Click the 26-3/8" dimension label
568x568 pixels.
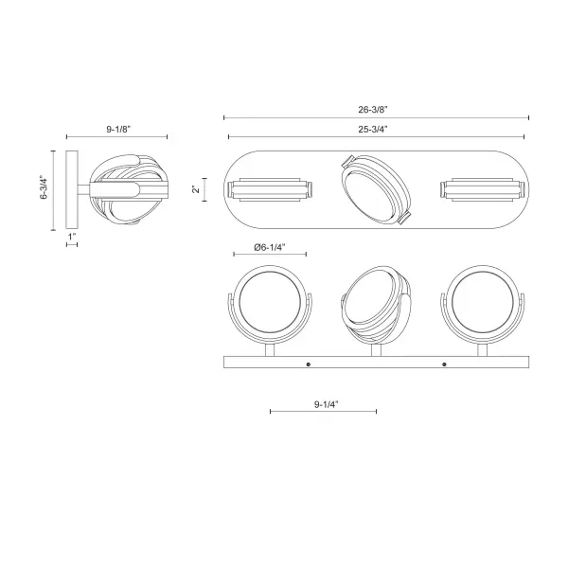tap(373, 110)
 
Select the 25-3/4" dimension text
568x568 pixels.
tap(373, 129)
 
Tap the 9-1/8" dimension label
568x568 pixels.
tap(118, 129)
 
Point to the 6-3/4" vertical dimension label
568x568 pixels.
tap(44, 187)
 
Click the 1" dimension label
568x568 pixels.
tap(72, 237)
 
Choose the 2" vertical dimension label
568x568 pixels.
tap(196, 189)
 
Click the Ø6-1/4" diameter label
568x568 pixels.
tap(270, 247)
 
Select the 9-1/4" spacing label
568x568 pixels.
tap(326, 404)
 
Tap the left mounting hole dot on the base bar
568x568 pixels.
tap(309, 364)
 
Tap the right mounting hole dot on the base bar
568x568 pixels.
tap(445, 364)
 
